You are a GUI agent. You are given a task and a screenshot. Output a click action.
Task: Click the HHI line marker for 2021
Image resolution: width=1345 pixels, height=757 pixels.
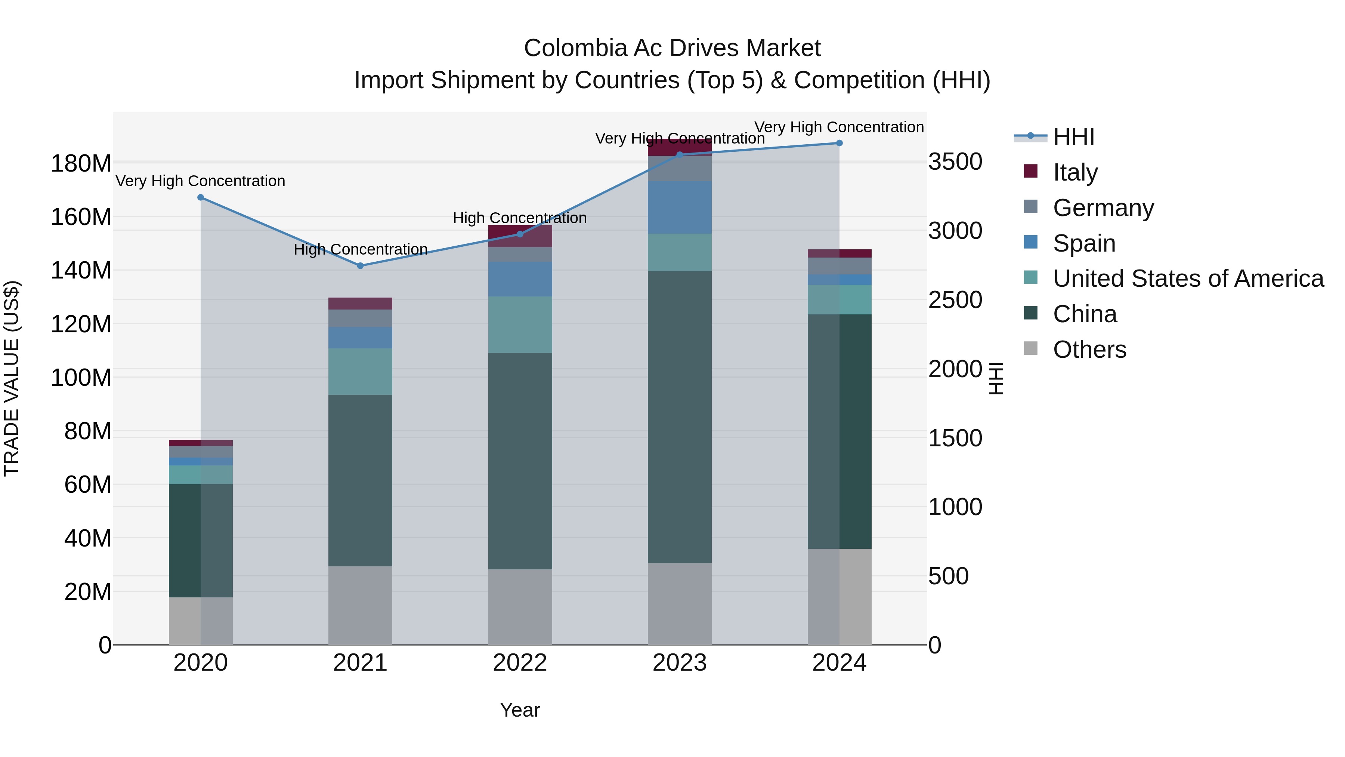[x=360, y=266]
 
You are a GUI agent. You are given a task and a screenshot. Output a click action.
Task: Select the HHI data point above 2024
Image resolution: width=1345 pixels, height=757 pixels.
[x=839, y=143]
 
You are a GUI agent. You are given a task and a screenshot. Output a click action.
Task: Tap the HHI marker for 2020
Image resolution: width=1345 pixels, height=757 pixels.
[x=201, y=197]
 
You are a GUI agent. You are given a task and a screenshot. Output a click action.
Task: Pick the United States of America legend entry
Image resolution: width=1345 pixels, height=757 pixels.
[x=1188, y=279]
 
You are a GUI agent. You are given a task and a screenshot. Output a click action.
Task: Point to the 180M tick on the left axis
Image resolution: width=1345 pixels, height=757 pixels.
[x=81, y=163]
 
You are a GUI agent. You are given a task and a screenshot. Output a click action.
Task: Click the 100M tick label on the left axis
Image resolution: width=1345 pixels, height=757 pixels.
[x=81, y=377]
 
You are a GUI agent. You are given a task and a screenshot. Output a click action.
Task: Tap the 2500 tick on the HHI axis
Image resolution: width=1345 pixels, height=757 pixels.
[x=955, y=301]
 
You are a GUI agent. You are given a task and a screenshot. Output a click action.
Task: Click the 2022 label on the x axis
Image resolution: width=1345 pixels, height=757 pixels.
[x=520, y=663]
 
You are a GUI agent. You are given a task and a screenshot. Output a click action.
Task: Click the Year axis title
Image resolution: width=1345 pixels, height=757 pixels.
[x=520, y=710]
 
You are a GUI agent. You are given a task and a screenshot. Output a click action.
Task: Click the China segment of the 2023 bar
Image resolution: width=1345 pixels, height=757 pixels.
[x=679, y=416]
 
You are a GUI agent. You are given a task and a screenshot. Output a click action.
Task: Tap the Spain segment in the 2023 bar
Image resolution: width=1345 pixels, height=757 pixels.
[x=679, y=207]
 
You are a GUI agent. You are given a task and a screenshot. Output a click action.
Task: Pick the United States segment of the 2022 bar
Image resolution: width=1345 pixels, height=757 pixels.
[x=520, y=324]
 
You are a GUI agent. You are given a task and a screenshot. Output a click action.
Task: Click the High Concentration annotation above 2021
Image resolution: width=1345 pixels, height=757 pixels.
[x=360, y=250]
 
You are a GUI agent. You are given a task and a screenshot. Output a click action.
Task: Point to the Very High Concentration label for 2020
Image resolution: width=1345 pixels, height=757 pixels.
[x=201, y=181]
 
